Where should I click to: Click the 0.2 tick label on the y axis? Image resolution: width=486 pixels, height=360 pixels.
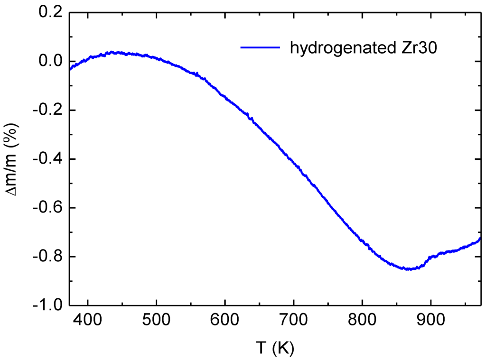(x=51, y=13)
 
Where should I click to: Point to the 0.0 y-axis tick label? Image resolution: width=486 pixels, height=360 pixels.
(x=51, y=62)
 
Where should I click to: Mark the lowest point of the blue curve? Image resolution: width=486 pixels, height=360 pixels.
(x=409, y=269)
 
